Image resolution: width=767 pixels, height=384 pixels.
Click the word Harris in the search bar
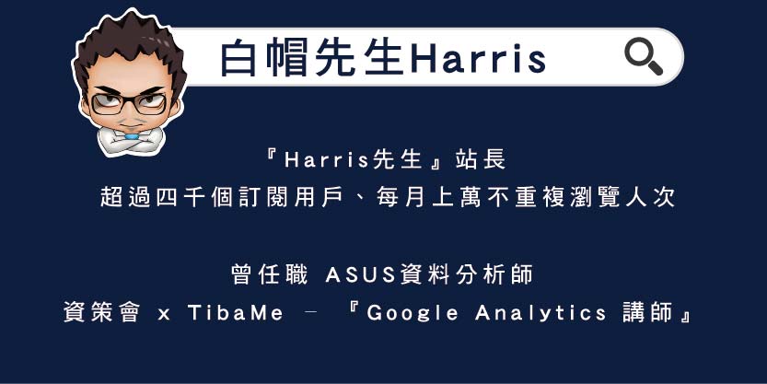pyautogui.click(x=478, y=58)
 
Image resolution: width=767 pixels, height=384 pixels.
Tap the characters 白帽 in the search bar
pyautogui.click(x=264, y=58)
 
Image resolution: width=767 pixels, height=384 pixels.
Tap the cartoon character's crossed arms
pyautogui.click(x=131, y=138)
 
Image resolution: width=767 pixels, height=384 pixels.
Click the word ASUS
pyautogui.click(x=359, y=273)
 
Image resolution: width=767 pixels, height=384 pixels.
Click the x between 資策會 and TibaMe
pyautogui.click(x=164, y=314)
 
